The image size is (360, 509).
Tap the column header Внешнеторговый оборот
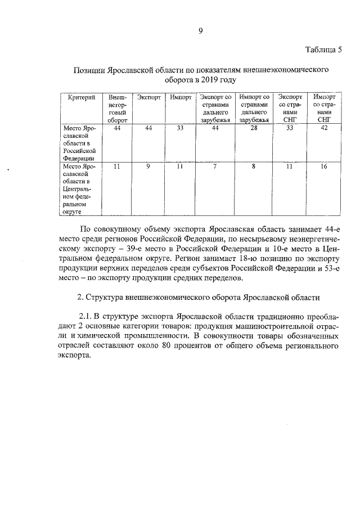click(x=118, y=108)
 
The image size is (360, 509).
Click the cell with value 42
click(x=323, y=129)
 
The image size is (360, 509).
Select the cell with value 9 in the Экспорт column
click(x=147, y=167)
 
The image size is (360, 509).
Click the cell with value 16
click(x=323, y=167)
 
